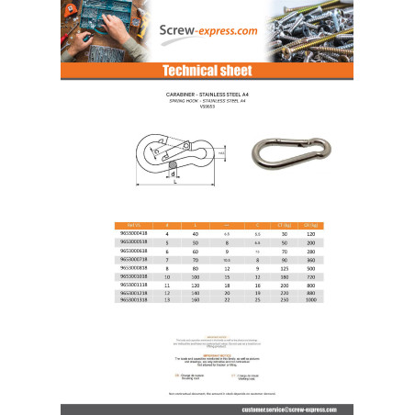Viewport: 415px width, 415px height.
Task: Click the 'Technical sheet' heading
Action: pos(207,71)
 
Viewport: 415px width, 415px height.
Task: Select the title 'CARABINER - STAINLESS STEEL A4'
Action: pos(207,93)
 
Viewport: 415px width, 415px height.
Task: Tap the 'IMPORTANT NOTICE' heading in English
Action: pos(207,350)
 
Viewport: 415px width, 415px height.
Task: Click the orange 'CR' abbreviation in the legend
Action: pos(175,375)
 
